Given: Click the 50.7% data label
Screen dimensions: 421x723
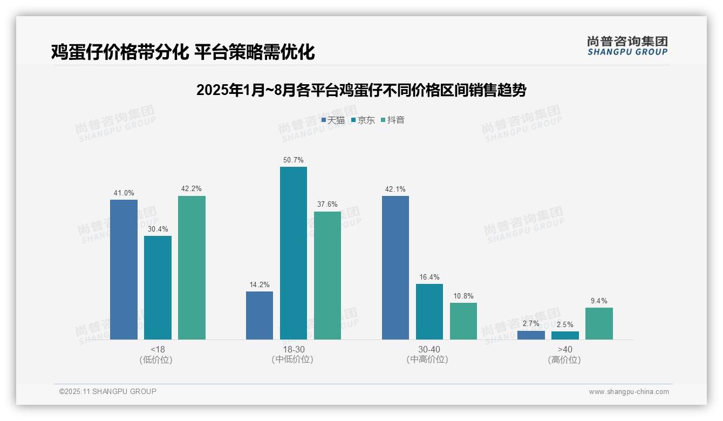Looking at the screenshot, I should pyautogui.click(x=293, y=160).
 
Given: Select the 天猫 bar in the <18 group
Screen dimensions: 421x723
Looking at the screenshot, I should pyautogui.click(x=124, y=269).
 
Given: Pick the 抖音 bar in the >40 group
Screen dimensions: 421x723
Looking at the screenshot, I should pyautogui.click(x=599, y=323).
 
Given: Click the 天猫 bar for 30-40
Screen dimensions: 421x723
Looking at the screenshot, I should pyautogui.click(x=395, y=267).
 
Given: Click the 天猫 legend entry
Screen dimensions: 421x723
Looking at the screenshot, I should pyautogui.click(x=333, y=120).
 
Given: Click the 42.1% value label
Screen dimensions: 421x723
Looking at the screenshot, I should pyautogui.click(x=395, y=189).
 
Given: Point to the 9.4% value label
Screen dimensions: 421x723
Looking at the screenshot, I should pyautogui.click(x=599, y=301).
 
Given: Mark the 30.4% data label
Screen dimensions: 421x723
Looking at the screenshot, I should pyautogui.click(x=158, y=229).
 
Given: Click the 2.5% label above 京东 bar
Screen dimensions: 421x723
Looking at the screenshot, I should pyautogui.click(x=565, y=325).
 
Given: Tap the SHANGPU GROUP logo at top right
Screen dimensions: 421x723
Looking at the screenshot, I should pyautogui.click(x=627, y=46).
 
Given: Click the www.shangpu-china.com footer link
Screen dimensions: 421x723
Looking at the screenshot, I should pyautogui.click(x=629, y=392).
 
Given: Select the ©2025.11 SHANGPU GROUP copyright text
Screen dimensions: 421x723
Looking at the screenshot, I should pyautogui.click(x=108, y=391).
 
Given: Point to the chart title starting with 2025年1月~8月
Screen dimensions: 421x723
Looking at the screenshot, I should pyautogui.click(x=361, y=90).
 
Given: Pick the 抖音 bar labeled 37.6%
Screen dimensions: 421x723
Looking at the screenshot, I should pyautogui.click(x=327, y=275).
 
